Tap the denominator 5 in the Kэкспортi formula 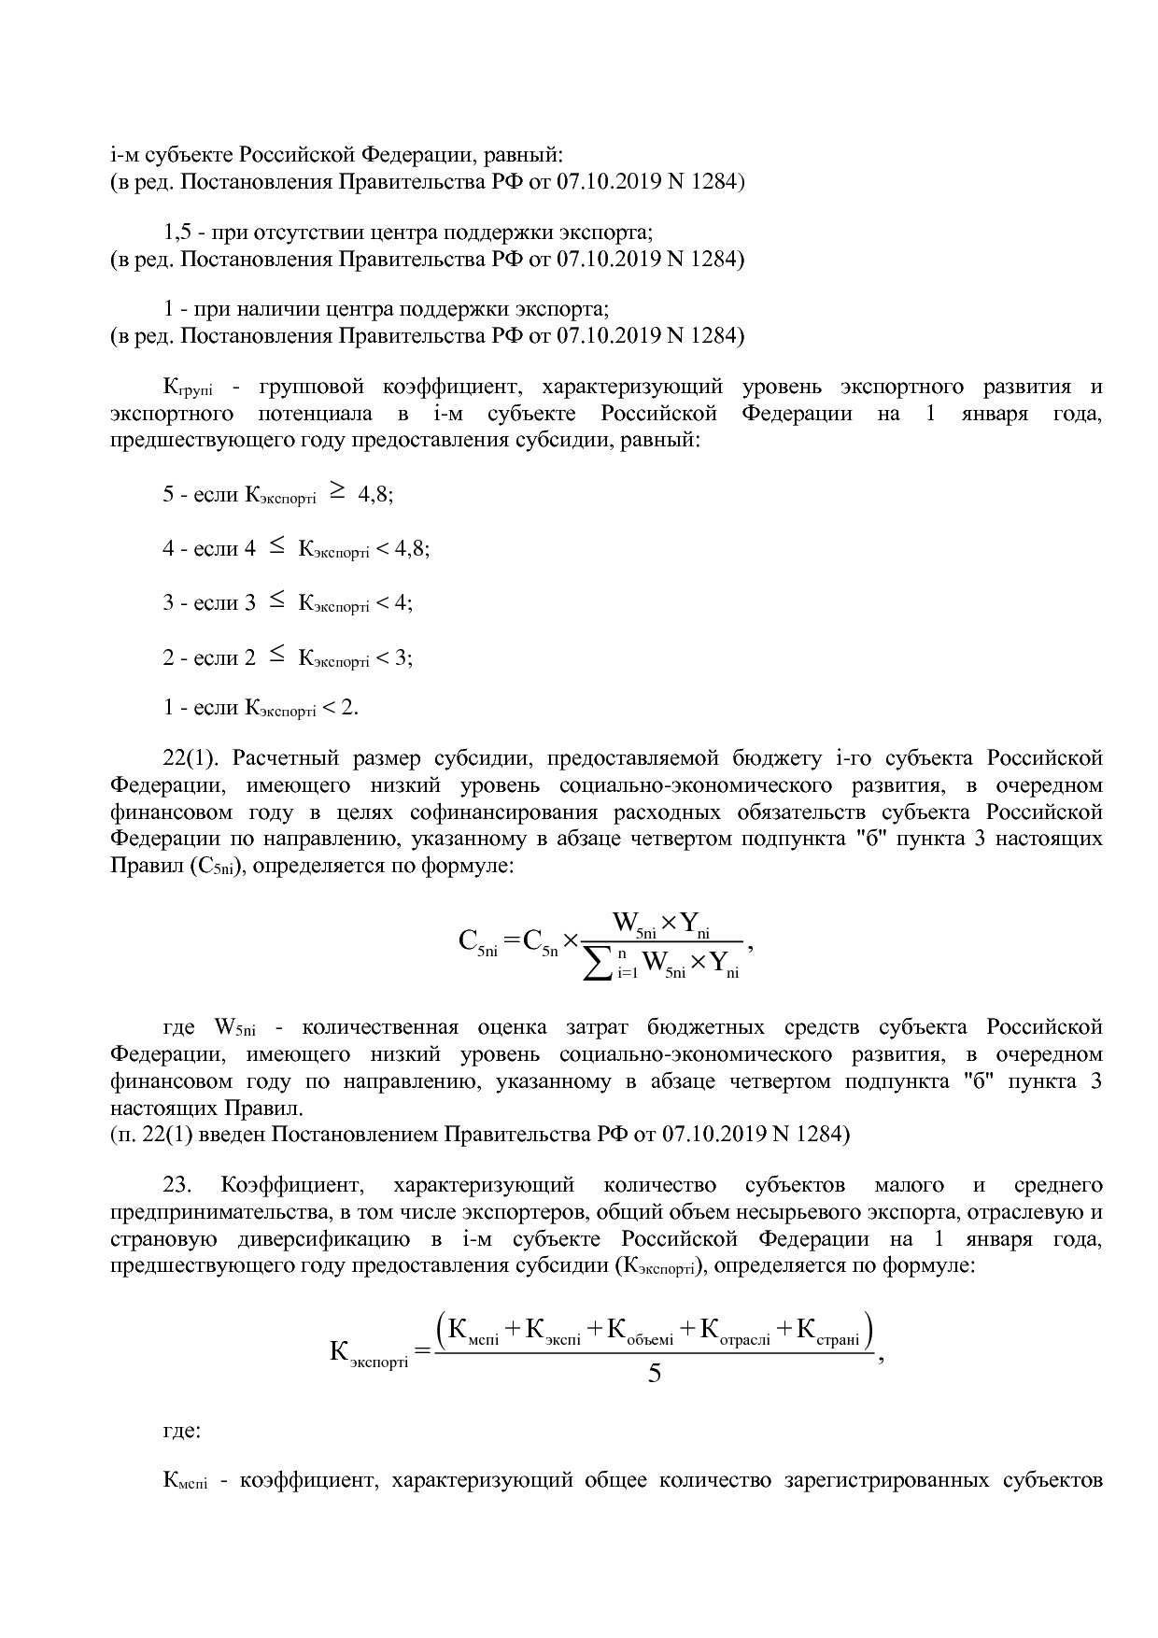click(x=655, y=1374)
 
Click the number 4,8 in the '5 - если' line click(x=374, y=496)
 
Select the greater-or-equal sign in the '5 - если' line click(x=336, y=493)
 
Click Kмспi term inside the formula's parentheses click(x=473, y=1330)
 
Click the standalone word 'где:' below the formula click(x=182, y=1430)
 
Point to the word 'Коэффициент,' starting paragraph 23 click(x=290, y=1186)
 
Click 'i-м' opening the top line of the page click(x=123, y=155)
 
